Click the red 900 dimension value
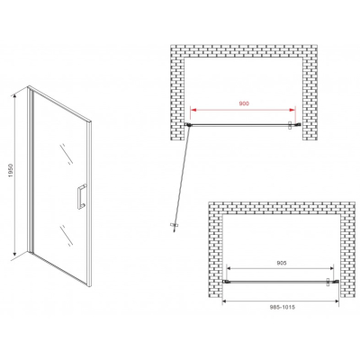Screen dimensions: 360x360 coord(244,103)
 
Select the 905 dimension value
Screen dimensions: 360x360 coord(280,263)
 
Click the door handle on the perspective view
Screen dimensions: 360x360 coord(81,196)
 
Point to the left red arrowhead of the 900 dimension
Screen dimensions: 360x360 coord(194,110)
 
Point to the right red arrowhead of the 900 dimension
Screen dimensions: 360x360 coord(292,110)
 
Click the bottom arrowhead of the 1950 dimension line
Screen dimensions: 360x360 coord(14,255)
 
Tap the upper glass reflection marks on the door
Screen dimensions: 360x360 coord(67,154)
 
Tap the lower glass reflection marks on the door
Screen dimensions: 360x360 coord(67,236)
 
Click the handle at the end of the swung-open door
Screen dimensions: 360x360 coord(174,226)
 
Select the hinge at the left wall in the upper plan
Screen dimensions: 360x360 coord(188,124)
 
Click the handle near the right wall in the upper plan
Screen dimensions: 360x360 coord(291,125)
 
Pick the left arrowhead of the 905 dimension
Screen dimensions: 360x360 coord(229,268)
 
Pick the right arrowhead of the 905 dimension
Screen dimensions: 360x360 coord(330,268)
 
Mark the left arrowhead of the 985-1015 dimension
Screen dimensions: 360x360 coord(225,301)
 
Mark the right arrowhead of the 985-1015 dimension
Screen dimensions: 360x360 coord(336,301)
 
